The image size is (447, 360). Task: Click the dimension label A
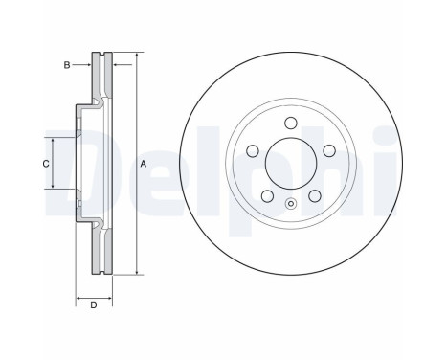pyautogui.click(x=143, y=164)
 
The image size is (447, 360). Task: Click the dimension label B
pyautogui.click(x=66, y=64)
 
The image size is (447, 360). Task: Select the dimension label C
pyautogui.click(x=45, y=164)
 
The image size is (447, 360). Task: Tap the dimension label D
pyautogui.click(x=93, y=305)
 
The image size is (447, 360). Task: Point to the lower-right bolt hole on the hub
pyautogui.click(x=313, y=195)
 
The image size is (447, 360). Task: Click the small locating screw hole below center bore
pyautogui.click(x=290, y=202)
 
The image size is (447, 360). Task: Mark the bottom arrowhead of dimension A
pyautogui.click(x=137, y=275)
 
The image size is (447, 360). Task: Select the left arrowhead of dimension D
pyautogui.click(x=78, y=299)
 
